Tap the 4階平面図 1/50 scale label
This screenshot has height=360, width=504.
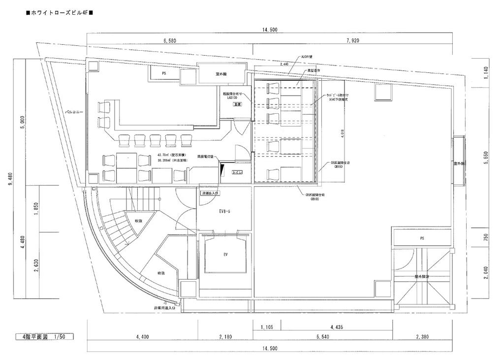point(44,337)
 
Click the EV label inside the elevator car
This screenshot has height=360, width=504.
point(225,255)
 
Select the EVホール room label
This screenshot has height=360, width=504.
point(225,211)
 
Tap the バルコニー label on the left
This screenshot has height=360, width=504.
point(75,112)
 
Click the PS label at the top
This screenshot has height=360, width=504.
point(164,73)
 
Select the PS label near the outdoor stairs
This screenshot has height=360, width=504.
point(421,238)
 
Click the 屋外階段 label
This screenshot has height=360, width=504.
point(422,277)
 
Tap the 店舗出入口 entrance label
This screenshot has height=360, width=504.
point(210,194)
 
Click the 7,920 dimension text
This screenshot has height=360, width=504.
point(352,40)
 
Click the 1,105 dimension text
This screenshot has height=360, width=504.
point(267,327)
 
